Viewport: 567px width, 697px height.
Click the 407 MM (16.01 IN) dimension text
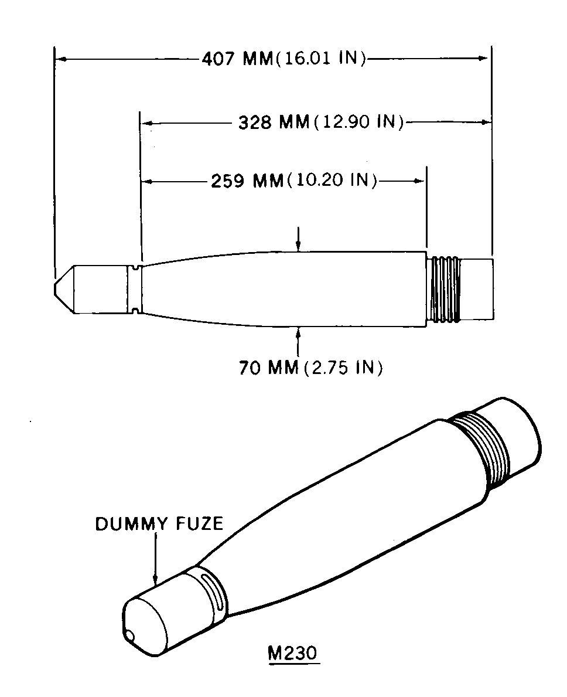283,59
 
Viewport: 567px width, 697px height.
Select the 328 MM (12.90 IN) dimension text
320,122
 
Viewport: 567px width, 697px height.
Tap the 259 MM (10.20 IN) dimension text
293,181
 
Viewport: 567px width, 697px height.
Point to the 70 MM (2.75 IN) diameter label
311,368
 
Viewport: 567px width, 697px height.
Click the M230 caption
293,654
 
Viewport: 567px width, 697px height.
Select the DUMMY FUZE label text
159,524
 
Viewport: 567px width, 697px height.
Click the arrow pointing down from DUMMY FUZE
156,558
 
